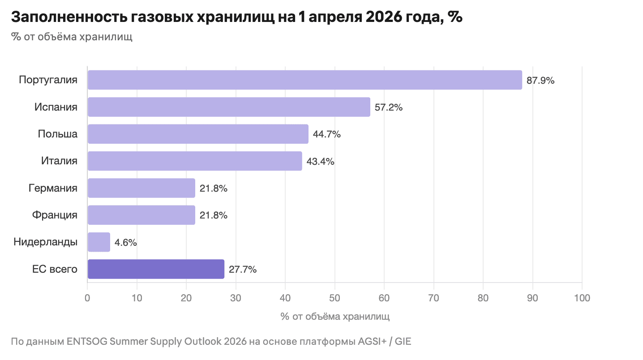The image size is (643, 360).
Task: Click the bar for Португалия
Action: [x=304, y=80]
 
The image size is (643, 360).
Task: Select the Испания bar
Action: [x=229, y=107]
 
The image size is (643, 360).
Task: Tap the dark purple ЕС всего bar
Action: [x=156, y=269]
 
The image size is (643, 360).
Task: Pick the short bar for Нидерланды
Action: [x=99, y=242]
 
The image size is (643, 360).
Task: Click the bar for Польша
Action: [x=198, y=134]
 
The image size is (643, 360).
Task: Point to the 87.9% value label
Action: [x=540, y=81]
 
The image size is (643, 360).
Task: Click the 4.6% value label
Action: [x=126, y=243]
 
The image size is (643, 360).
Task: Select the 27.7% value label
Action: [x=243, y=270]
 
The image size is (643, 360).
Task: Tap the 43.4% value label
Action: [x=321, y=161]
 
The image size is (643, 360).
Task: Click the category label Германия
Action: [x=53, y=188]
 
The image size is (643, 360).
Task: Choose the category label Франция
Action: [x=55, y=215]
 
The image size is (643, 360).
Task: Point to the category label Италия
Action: [x=59, y=161]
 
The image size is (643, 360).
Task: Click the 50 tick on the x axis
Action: [x=334, y=297]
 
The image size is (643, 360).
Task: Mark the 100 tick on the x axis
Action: [x=581, y=297]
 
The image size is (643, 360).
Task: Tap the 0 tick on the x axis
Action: [x=88, y=297]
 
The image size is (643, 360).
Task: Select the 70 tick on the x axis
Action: [x=433, y=297]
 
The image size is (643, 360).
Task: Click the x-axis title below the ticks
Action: [x=335, y=317]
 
